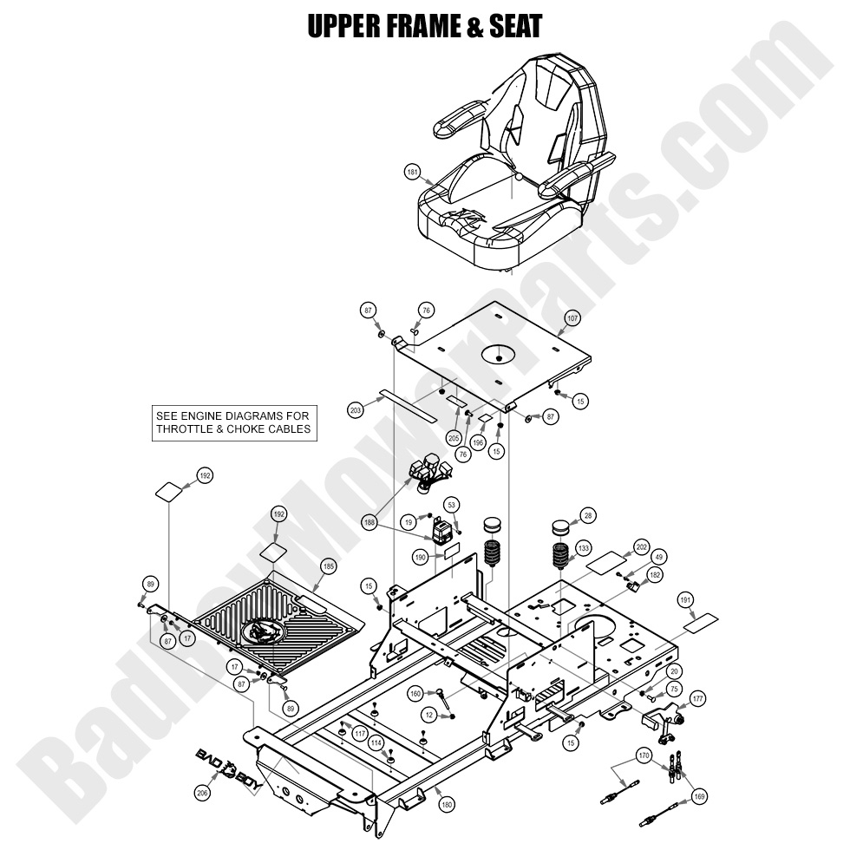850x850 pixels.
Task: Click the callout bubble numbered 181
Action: pyautogui.click(x=413, y=172)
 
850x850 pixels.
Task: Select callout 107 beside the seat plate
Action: pyautogui.click(x=572, y=317)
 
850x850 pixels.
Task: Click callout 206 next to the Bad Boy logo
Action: pyautogui.click(x=203, y=790)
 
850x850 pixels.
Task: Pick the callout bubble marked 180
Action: pyautogui.click(x=446, y=806)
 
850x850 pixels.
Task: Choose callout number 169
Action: pyautogui.click(x=698, y=795)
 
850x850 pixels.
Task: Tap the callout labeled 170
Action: pyautogui.click(x=643, y=755)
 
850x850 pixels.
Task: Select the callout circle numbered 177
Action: pyautogui.click(x=697, y=698)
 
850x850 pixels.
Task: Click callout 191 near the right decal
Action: pyautogui.click(x=685, y=599)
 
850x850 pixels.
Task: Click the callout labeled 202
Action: pyautogui.click(x=641, y=546)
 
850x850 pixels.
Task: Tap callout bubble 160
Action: pyautogui.click(x=415, y=693)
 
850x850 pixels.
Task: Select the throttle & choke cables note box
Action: pyautogui.click(x=233, y=422)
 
